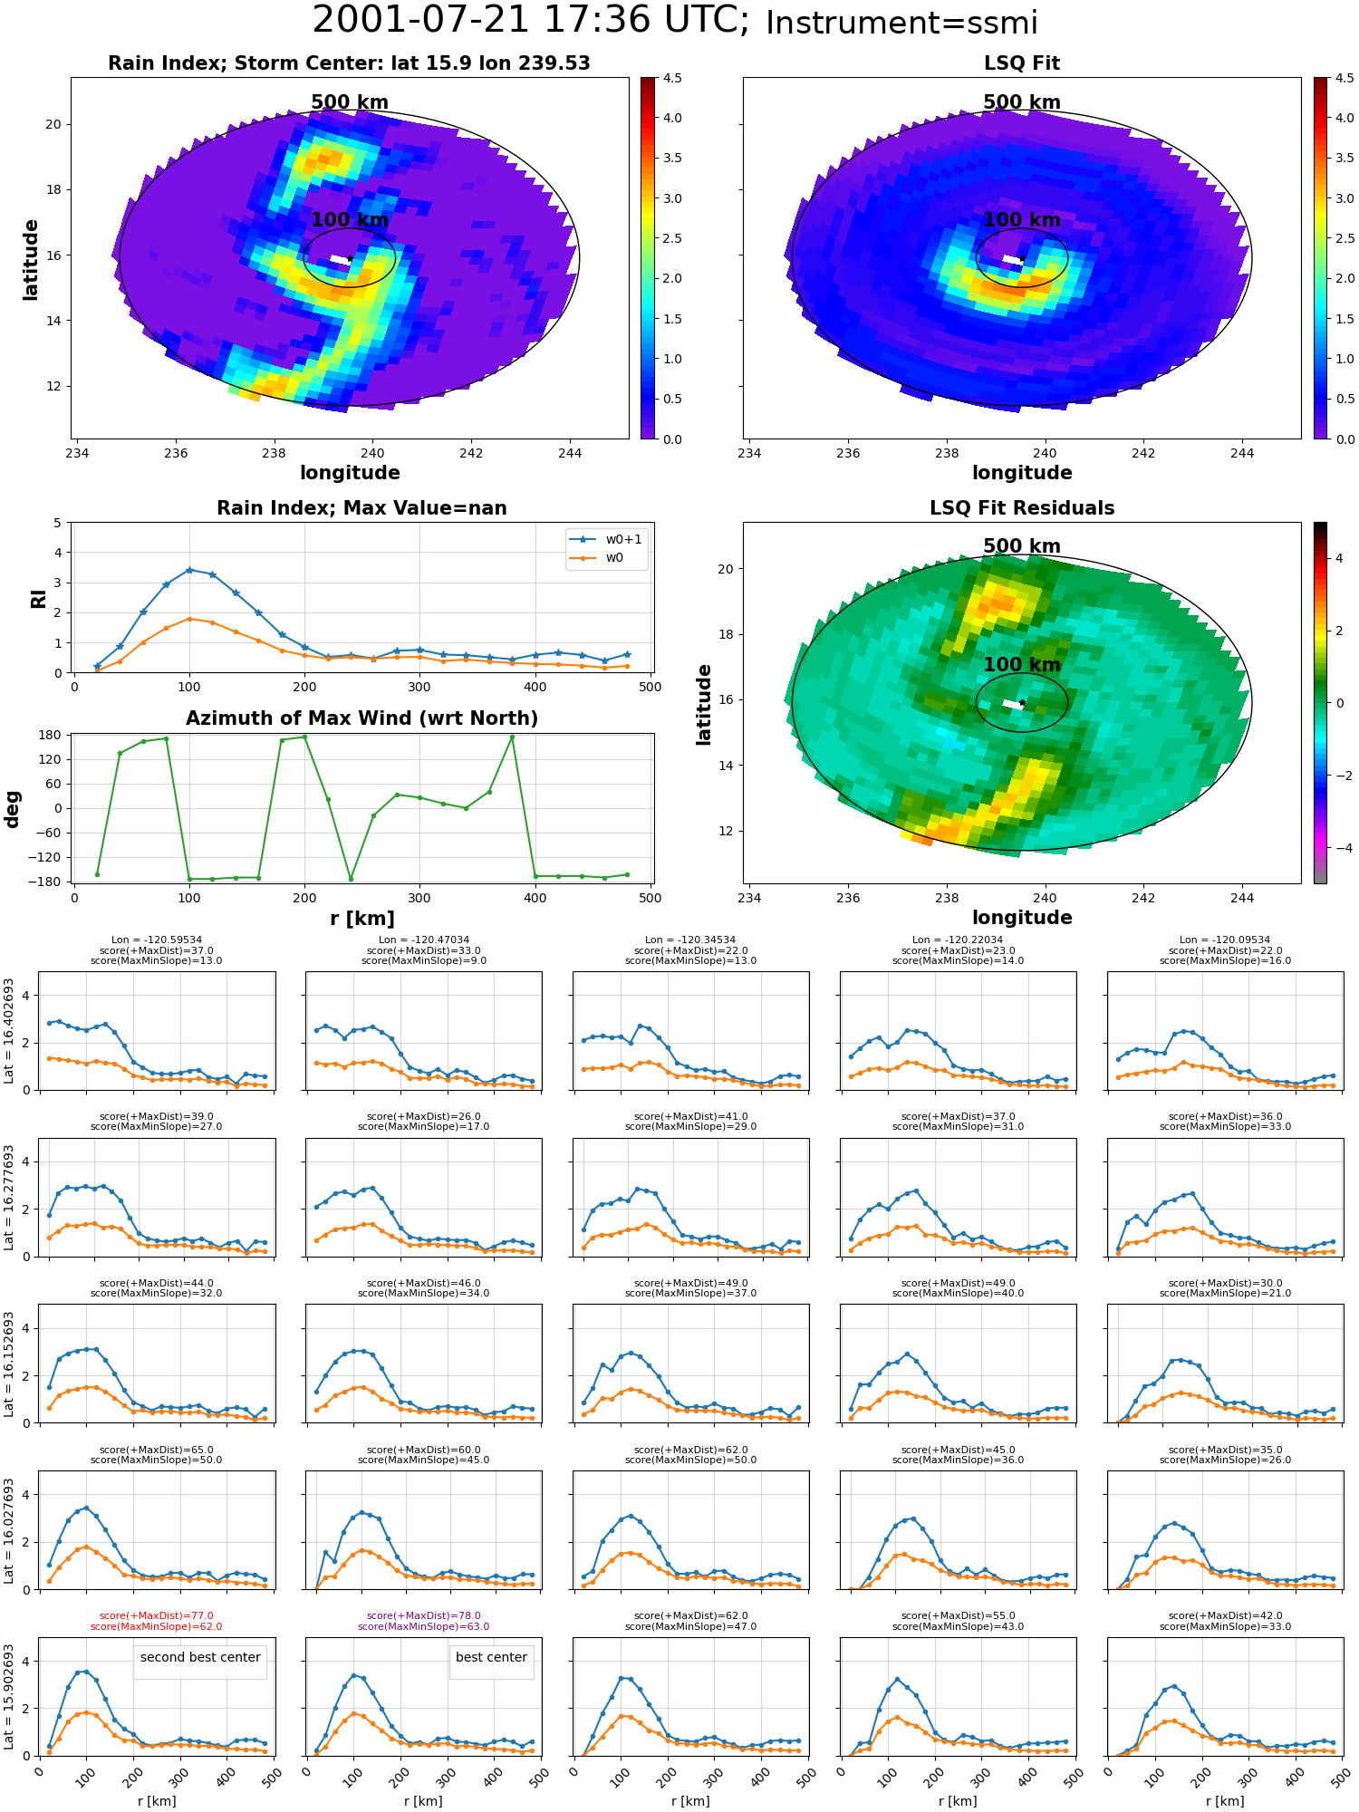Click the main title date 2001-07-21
[425, 20]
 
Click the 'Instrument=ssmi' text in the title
[901, 23]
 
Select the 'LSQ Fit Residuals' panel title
[1022, 508]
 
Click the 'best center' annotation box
[491, 1657]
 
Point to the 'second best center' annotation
[200, 1657]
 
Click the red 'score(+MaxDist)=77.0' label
[157, 1615]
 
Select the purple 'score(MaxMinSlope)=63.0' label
[423, 1626]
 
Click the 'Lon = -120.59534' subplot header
[157, 940]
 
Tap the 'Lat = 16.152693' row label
[9, 1363]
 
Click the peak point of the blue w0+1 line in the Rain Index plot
[188, 570]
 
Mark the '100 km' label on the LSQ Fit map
[1022, 220]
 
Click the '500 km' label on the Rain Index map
[350, 102]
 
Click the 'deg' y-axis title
[13, 809]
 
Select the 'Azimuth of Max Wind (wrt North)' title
[362, 718]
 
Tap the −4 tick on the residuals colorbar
[1338, 848]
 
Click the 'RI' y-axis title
[38, 599]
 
